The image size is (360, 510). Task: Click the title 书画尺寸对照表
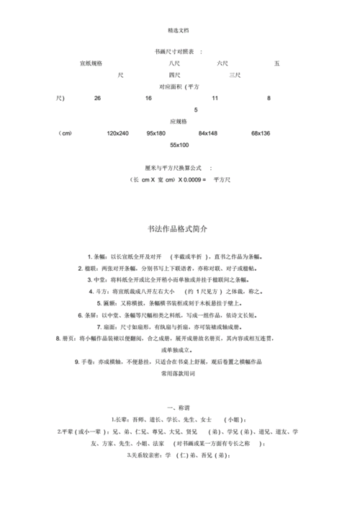click(174, 53)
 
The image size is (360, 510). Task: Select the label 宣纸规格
click(91, 63)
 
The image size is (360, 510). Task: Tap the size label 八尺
click(174, 63)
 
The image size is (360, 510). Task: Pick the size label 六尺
click(222, 63)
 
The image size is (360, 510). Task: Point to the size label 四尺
click(174, 75)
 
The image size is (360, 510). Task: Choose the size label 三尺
click(235, 75)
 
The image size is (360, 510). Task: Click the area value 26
click(98, 97)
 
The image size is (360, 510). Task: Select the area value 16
click(148, 97)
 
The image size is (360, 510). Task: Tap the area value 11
click(215, 97)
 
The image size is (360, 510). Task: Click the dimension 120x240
click(117, 133)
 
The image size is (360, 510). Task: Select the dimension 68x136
click(261, 133)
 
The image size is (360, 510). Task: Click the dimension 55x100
click(179, 145)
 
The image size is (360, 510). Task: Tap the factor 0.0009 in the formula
click(190, 179)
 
